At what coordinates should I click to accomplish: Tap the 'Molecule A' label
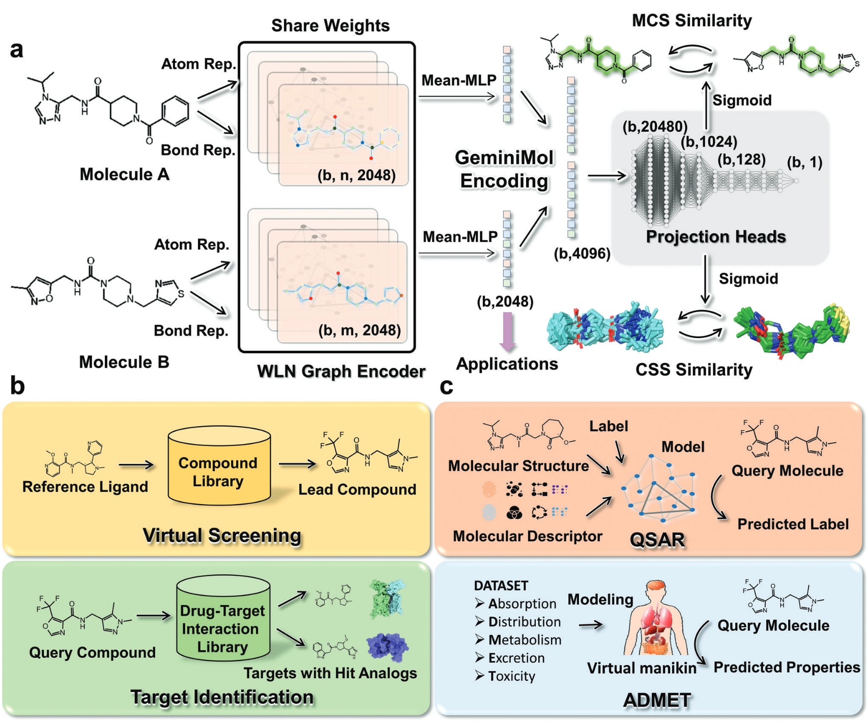(x=124, y=174)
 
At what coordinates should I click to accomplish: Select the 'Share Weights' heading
(x=330, y=25)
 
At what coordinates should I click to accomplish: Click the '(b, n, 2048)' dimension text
(x=356, y=175)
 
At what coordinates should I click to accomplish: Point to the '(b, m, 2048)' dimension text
(x=359, y=330)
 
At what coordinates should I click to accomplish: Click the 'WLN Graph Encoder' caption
(x=341, y=371)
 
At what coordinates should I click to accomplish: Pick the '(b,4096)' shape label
(x=582, y=253)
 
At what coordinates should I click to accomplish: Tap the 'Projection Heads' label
(x=715, y=236)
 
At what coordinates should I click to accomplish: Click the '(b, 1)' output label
(x=804, y=162)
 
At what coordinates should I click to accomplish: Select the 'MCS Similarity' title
(x=691, y=20)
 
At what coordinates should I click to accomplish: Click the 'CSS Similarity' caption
(x=693, y=369)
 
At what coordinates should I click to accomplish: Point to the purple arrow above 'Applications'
(x=507, y=331)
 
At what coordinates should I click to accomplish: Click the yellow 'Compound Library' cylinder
(x=219, y=466)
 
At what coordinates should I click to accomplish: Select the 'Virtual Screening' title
(x=222, y=535)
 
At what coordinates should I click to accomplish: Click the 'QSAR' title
(x=657, y=539)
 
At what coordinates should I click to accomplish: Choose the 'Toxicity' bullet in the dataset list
(x=511, y=676)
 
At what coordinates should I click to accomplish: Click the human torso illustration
(x=656, y=621)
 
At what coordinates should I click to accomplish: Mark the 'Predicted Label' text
(x=793, y=524)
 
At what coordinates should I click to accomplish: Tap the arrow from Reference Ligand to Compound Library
(x=136, y=464)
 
